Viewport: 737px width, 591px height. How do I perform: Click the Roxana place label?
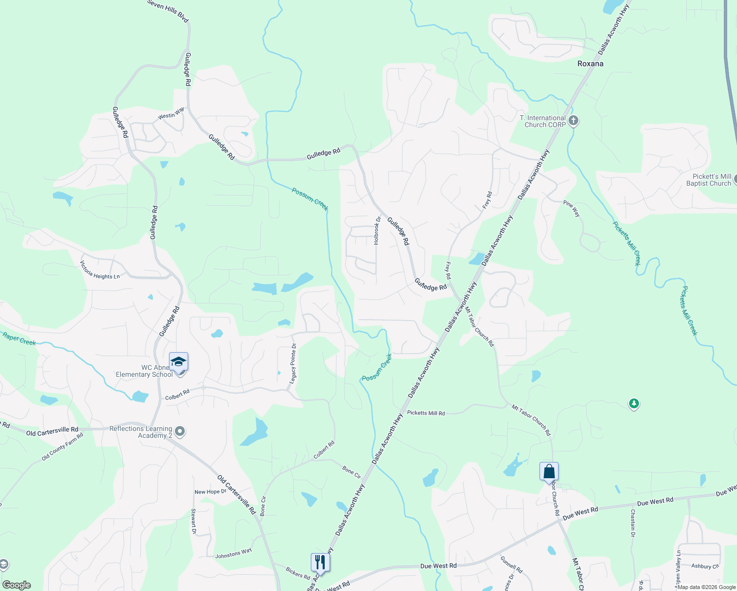[590, 64]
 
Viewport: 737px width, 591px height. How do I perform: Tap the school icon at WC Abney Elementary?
[178, 362]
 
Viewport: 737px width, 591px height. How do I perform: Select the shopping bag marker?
[549, 472]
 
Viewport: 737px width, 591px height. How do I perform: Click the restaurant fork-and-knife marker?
[320, 562]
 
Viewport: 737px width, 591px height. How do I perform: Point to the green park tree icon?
[634, 404]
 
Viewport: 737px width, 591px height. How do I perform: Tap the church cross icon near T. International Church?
[573, 121]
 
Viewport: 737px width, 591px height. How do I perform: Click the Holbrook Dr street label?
[377, 231]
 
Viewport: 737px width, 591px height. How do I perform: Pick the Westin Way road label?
[171, 113]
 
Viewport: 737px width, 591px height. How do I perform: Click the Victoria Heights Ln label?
[100, 270]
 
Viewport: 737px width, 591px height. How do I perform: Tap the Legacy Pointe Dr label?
[293, 363]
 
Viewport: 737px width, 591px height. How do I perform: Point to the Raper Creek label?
[19, 339]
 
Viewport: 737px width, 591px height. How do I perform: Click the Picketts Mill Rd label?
[426, 413]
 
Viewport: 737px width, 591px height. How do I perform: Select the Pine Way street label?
[572, 208]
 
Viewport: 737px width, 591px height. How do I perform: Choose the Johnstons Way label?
[234, 554]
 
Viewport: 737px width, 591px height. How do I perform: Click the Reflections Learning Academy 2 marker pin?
[180, 432]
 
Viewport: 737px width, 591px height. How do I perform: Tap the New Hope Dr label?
[210, 492]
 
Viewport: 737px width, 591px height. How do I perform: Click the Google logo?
[17, 585]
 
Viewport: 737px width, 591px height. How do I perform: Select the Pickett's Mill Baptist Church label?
[708, 180]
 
